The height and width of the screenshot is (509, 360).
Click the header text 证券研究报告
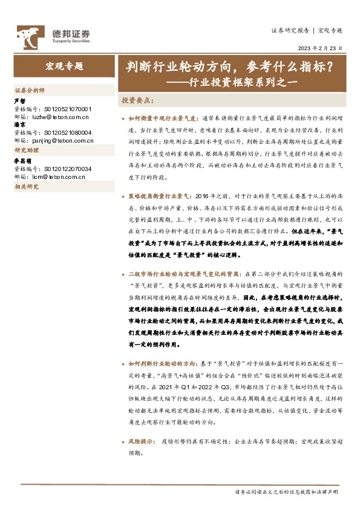(x=291, y=30)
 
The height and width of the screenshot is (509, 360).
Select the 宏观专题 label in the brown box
(x=64, y=67)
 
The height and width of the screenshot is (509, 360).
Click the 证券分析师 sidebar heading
(x=30, y=89)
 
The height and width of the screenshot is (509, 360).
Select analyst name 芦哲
(x=19, y=101)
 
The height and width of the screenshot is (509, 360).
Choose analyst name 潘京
(x=19, y=125)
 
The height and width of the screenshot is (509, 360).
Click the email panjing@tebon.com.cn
(x=62, y=141)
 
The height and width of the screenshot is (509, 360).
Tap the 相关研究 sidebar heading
(x=26, y=187)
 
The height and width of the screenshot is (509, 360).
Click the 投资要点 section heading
(x=137, y=100)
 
